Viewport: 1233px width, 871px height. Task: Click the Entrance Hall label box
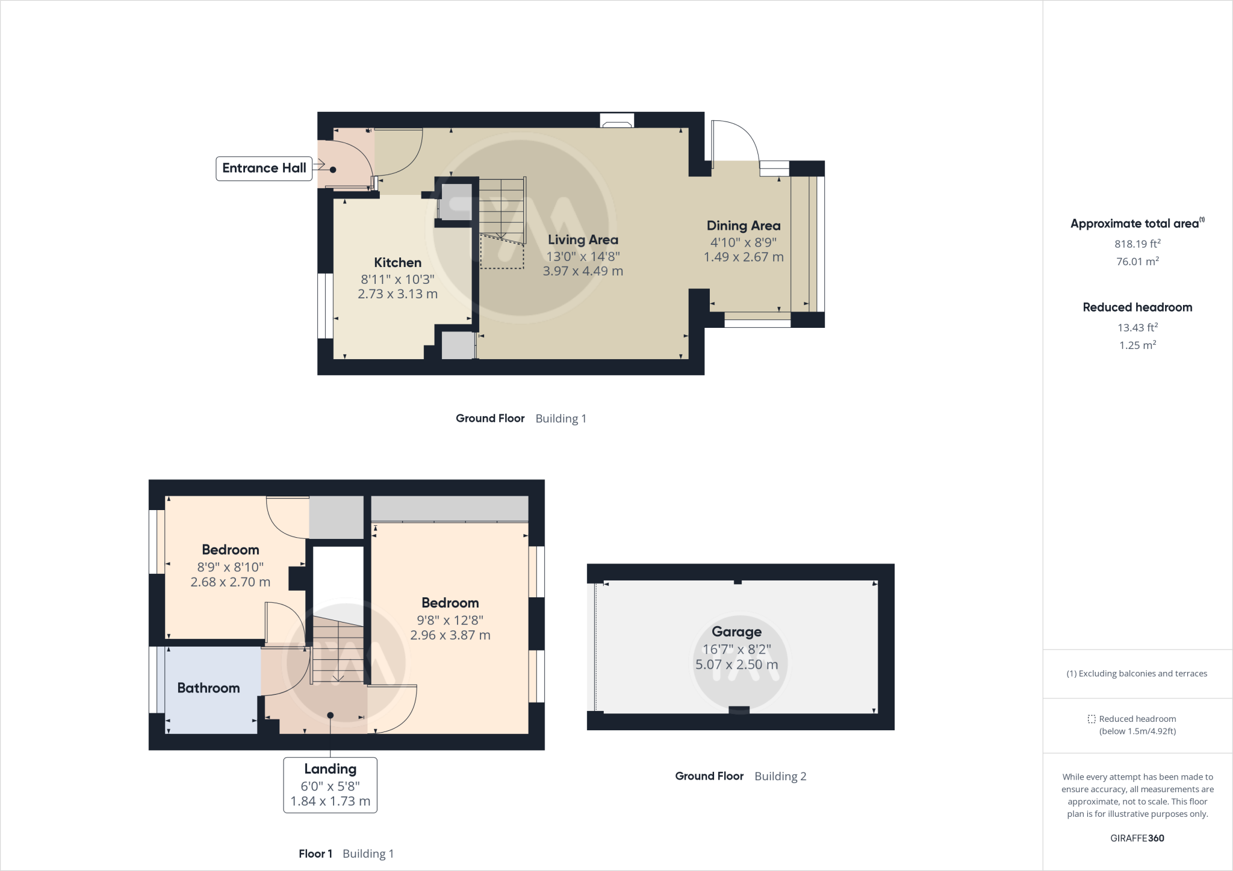point(264,168)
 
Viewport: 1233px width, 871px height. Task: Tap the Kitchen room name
point(397,262)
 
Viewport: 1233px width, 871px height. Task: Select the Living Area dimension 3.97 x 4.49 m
point(582,271)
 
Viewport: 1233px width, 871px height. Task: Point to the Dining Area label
point(743,226)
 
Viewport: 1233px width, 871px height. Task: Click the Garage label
point(736,632)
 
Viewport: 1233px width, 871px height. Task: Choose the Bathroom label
point(208,688)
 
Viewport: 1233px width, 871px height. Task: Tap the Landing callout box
point(330,785)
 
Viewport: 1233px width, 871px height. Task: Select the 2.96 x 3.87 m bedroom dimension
point(450,635)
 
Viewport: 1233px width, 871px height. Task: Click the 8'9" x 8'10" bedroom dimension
point(230,567)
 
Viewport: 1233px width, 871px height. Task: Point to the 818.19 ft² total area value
point(1137,244)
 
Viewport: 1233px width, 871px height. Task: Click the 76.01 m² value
point(1137,261)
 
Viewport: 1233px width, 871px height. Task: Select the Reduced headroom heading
point(1137,307)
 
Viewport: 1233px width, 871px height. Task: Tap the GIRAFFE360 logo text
point(1137,838)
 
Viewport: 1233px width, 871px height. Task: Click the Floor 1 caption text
point(315,854)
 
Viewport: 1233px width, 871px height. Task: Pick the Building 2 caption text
point(780,777)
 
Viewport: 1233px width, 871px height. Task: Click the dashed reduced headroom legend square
point(1092,719)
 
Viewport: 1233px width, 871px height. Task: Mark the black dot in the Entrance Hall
point(333,170)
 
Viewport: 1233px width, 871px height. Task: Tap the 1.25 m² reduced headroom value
point(1137,345)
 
